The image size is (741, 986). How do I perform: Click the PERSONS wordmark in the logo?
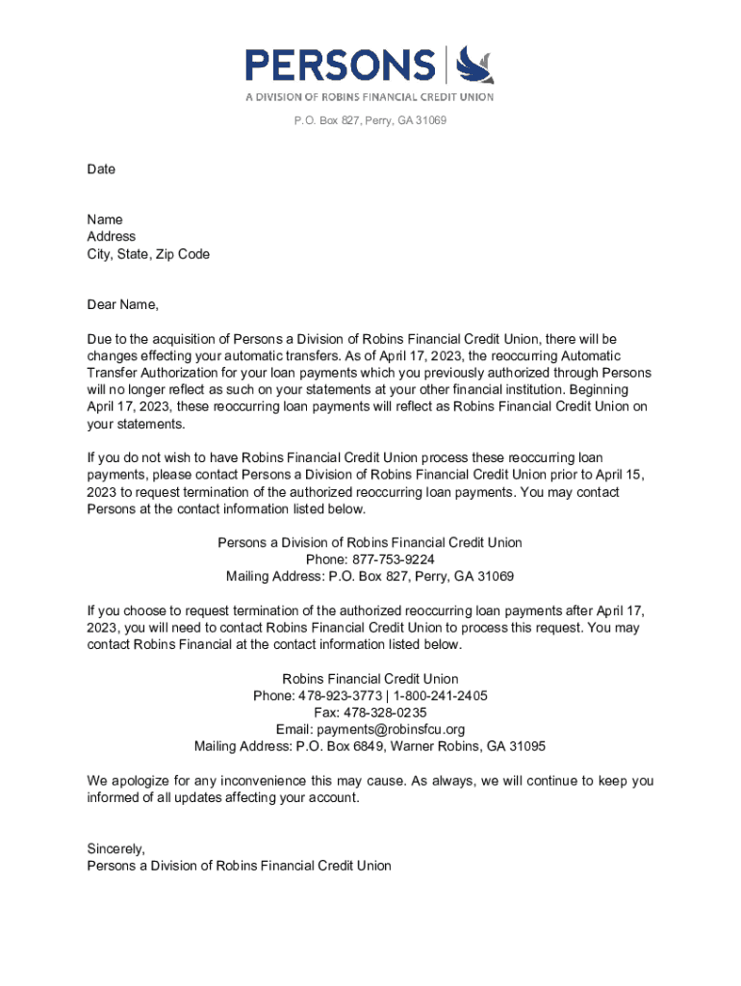tap(340, 65)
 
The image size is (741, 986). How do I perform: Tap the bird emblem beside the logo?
tap(473, 65)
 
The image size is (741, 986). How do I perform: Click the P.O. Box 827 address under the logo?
tap(370, 120)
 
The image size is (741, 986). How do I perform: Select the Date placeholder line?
tap(101, 169)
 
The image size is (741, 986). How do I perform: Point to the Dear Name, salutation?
tap(122, 305)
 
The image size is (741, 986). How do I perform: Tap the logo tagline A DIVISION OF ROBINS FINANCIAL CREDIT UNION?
tap(370, 97)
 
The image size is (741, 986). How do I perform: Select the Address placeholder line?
tap(112, 237)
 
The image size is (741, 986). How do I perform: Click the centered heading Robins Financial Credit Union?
tap(370, 679)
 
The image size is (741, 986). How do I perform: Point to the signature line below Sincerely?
tap(239, 866)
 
